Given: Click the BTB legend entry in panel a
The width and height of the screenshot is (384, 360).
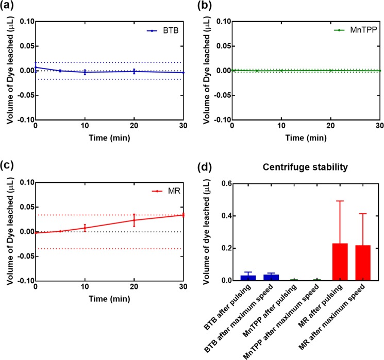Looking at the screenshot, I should [x=160, y=31].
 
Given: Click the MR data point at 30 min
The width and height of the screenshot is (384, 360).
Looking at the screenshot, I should [x=183, y=215].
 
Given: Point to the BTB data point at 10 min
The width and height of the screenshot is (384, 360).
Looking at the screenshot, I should [x=85, y=72].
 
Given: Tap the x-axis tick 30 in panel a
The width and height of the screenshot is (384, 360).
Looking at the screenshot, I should [x=183, y=126].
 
